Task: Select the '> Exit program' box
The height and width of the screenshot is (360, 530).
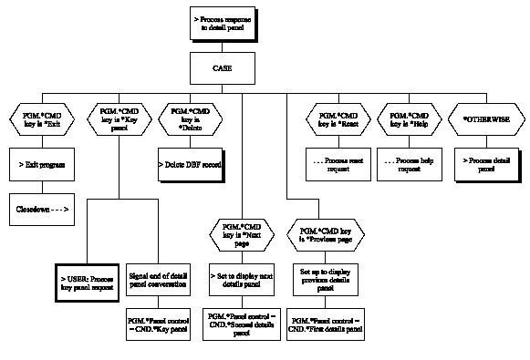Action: tap(41, 165)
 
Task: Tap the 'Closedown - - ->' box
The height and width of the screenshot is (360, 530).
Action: tap(41, 209)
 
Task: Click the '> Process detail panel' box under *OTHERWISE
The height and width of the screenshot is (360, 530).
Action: tap(483, 165)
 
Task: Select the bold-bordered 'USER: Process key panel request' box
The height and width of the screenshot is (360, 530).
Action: tap(85, 281)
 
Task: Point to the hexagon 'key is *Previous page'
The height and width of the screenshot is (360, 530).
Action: tap(325, 234)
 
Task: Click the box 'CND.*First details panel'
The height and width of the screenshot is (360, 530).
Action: tap(325, 323)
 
